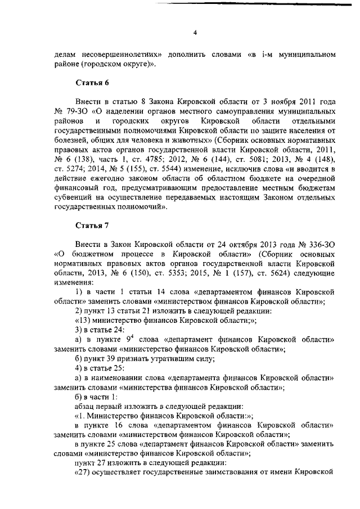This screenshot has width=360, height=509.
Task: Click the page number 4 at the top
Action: [x=195, y=33]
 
